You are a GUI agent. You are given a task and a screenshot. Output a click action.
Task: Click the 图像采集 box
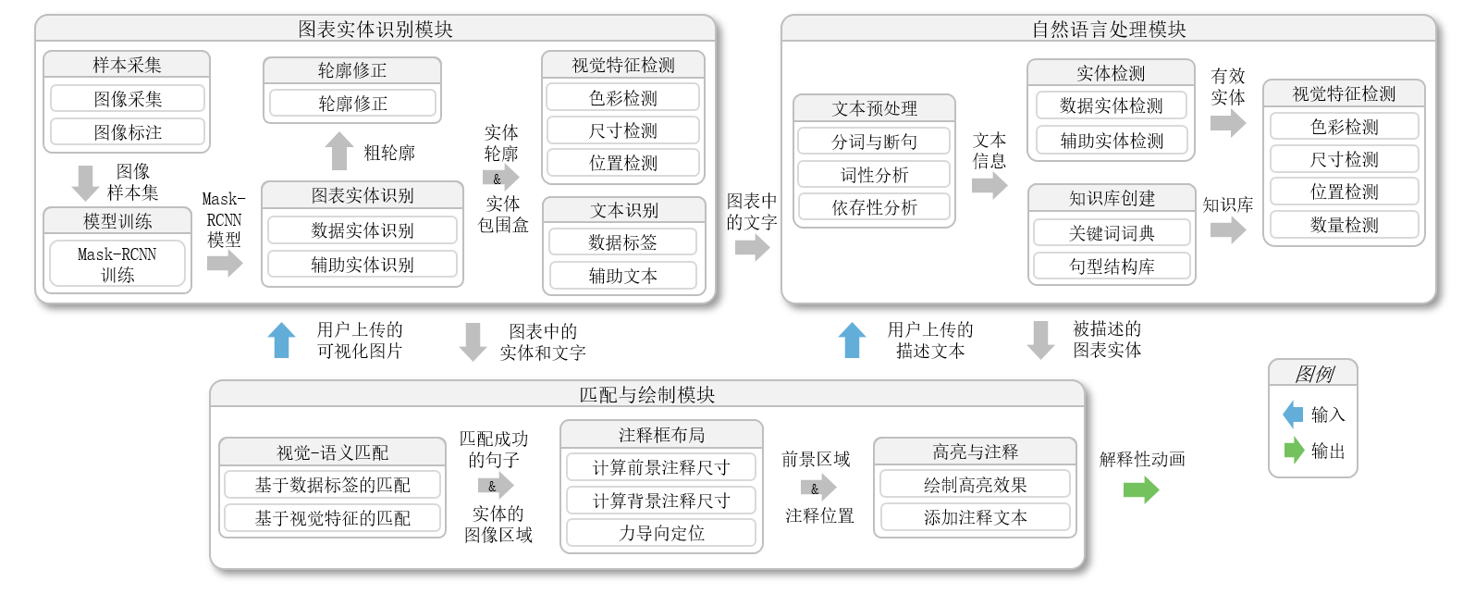pos(128,99)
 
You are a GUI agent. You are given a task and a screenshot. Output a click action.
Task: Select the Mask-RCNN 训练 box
pos(117,265)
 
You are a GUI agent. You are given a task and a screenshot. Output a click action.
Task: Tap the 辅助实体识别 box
pos(363,265)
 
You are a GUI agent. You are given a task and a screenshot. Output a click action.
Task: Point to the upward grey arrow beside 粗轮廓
pos(339,151)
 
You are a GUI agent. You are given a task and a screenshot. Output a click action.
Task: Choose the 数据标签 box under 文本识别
pos(622,242)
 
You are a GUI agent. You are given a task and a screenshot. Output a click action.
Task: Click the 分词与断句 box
pos(874,142)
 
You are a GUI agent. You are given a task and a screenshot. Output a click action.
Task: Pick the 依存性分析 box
pos(874,207)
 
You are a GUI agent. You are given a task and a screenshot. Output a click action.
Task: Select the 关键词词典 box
pos(1112,233)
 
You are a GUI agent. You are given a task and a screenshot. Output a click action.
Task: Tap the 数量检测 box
pos(1344,225)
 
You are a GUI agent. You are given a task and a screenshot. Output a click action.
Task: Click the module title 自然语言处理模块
pos(1109,30)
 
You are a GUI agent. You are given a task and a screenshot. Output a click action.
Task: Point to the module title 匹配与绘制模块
pos(646,395)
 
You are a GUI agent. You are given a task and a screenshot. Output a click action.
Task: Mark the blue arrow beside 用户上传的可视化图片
pos(281,340)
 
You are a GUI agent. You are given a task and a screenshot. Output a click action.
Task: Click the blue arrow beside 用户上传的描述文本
pos(852,340)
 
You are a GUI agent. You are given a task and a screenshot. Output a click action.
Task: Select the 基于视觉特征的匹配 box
pos(332,518)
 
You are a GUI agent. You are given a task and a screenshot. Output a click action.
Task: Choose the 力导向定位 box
pos(661,533)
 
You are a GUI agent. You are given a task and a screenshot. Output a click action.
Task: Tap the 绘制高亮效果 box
pos(975,485)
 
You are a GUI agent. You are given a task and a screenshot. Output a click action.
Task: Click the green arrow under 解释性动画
pos(1140,489)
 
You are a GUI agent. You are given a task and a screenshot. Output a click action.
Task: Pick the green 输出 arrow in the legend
pos(1294,451)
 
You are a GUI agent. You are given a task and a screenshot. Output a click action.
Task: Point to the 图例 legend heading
pos(1313,374)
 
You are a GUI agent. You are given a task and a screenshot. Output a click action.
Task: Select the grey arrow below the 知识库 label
pos(1227,229)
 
